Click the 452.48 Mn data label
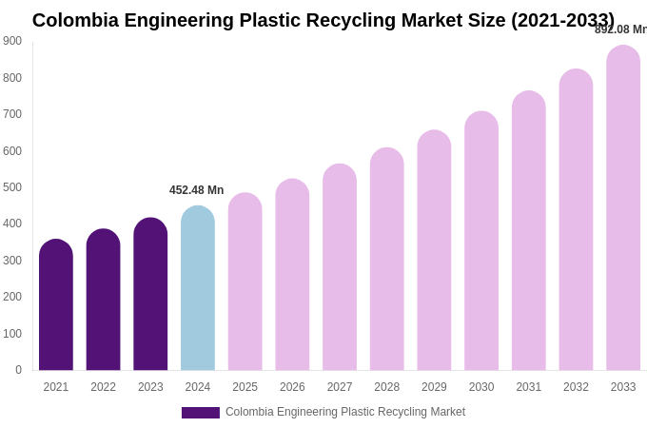(197, 190)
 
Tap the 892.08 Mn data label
(620, 29)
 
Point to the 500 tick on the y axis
(12, 187)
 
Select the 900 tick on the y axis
(12, 41)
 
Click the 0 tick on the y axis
(18, 370)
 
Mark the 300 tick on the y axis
(12, 261)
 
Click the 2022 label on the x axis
(104, 387)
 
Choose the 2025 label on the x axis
(245, 387)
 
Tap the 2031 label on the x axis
(529, 387)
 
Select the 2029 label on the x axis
(434, 387)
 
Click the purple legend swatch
(201, 413)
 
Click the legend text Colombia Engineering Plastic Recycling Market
(345, 412)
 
